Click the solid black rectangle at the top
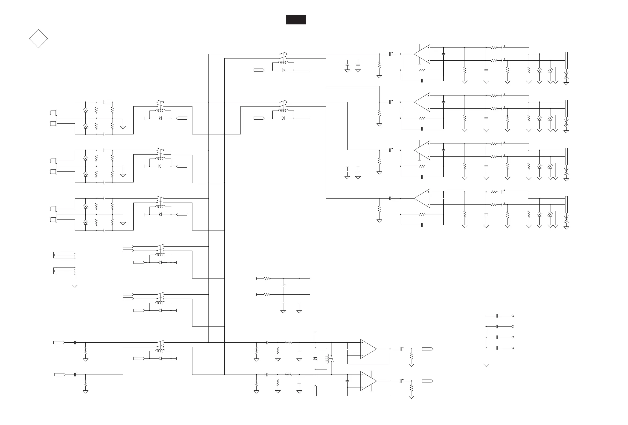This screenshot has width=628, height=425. [x=296, y=20]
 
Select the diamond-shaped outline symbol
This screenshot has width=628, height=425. [x=38, y=39]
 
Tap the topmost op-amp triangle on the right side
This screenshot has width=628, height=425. [x=422, y=54]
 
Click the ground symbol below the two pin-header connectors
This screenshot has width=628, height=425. [x=75, y=286]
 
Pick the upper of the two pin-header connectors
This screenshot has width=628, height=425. [x=64, y=255]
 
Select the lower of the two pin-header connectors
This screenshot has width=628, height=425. [x=64, y=271]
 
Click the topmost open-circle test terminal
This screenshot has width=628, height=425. [x=513, y=316]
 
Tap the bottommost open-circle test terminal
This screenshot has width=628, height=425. [x=513, y=348]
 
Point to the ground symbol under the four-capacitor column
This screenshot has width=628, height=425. [x=486, y=365]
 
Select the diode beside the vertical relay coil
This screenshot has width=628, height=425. [x=315, y=358]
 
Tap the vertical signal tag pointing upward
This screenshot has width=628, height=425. [x=315, y=391]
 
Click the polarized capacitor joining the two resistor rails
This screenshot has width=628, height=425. [x=283, y=285]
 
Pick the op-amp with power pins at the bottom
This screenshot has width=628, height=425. [x=368, y=381]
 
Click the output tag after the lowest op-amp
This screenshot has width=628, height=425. [x=427, y=381]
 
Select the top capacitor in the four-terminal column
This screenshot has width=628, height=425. [x=497, y=316]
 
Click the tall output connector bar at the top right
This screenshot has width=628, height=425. [x=566, y=60]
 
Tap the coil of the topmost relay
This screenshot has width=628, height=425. [x=283, y=63]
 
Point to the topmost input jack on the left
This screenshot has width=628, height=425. [x=53, y=112]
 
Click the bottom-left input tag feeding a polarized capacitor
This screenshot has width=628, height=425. [x=60, y=375]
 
